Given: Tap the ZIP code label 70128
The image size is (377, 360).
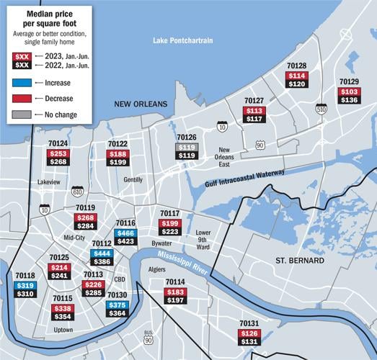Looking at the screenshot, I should [296, 66].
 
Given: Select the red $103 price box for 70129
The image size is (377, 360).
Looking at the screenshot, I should [349, 92].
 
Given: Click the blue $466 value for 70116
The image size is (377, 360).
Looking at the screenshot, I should [125, 233].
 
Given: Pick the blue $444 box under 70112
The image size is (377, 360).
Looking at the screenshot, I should [101, 253].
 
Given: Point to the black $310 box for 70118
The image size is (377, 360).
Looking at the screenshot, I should [25, 294].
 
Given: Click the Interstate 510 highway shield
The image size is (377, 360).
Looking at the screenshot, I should [320, 109].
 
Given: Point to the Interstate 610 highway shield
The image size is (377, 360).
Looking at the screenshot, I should [77, 191].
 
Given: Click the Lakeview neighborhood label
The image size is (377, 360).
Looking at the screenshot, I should [49, 183].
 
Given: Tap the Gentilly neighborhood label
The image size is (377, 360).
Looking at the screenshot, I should [133, 180].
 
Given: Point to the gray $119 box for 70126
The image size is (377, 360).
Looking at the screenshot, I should [187, 146].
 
